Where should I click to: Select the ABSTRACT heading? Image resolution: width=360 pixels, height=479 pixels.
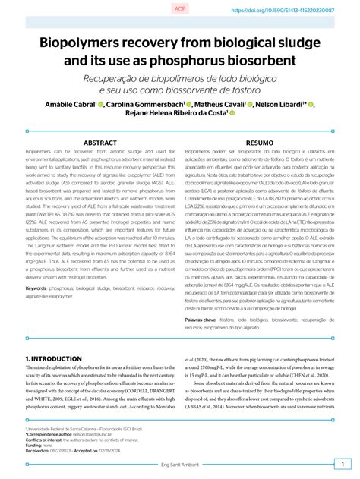[x=100, y=142]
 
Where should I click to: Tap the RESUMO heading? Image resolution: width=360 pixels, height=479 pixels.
[x=260, y=142]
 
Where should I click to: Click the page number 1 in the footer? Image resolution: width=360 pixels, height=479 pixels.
[x=341, y=463]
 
